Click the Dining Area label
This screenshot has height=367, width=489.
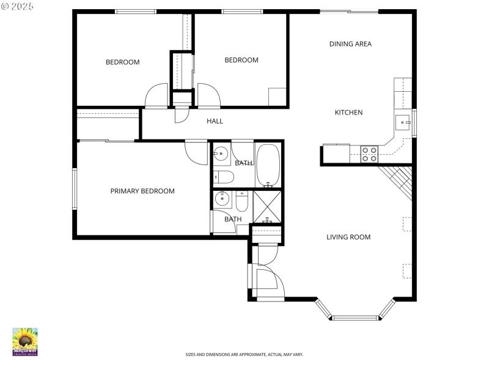tap(350, 44)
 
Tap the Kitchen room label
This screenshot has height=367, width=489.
tap(348, 113)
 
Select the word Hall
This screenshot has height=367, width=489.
tap(215, 121)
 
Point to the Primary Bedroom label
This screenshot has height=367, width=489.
tap(142, 191)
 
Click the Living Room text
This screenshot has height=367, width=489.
tap(348, 237)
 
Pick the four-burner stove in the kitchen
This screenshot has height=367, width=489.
tap(369, 154)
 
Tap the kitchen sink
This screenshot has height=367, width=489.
tap(403, 122)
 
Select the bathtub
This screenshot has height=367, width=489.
tap(268, 165)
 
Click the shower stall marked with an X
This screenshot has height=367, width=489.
tap(267, 207)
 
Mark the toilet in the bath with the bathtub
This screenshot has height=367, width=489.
tap(224, 177)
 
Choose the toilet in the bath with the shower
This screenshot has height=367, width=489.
tap(242, 202)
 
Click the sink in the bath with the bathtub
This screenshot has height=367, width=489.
tap(221, 154)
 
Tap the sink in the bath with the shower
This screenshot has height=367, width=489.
tap(222, 199)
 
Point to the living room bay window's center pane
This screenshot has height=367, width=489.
tap(355, 317)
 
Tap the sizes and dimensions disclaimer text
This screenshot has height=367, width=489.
tap(244, 354)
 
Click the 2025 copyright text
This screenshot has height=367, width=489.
tap(18, 6)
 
